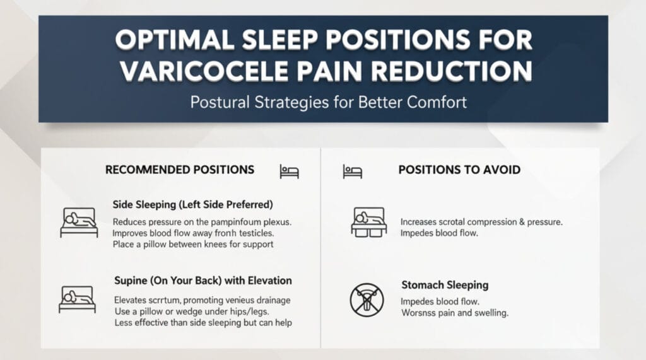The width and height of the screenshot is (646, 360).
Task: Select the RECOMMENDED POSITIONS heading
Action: point(180,170)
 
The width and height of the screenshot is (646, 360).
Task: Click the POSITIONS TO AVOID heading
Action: point(459,170)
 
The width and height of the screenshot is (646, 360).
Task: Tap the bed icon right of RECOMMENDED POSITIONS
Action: point(290,171)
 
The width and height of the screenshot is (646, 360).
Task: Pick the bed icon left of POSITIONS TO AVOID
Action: point(352,171)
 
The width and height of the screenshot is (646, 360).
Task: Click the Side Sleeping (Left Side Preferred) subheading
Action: point(192,204)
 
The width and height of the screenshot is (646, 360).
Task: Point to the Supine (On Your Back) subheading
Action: point(203,280)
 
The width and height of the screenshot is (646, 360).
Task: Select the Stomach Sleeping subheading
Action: point(445,285)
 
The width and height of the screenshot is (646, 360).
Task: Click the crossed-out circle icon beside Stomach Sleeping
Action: point(367,299)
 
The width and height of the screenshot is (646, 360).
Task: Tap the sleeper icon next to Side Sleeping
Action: point(79,223)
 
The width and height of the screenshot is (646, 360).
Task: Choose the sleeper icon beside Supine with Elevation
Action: point(77,299)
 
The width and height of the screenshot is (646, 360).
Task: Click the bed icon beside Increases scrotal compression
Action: point(369,223)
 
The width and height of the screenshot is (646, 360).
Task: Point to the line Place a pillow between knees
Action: point(192,244)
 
